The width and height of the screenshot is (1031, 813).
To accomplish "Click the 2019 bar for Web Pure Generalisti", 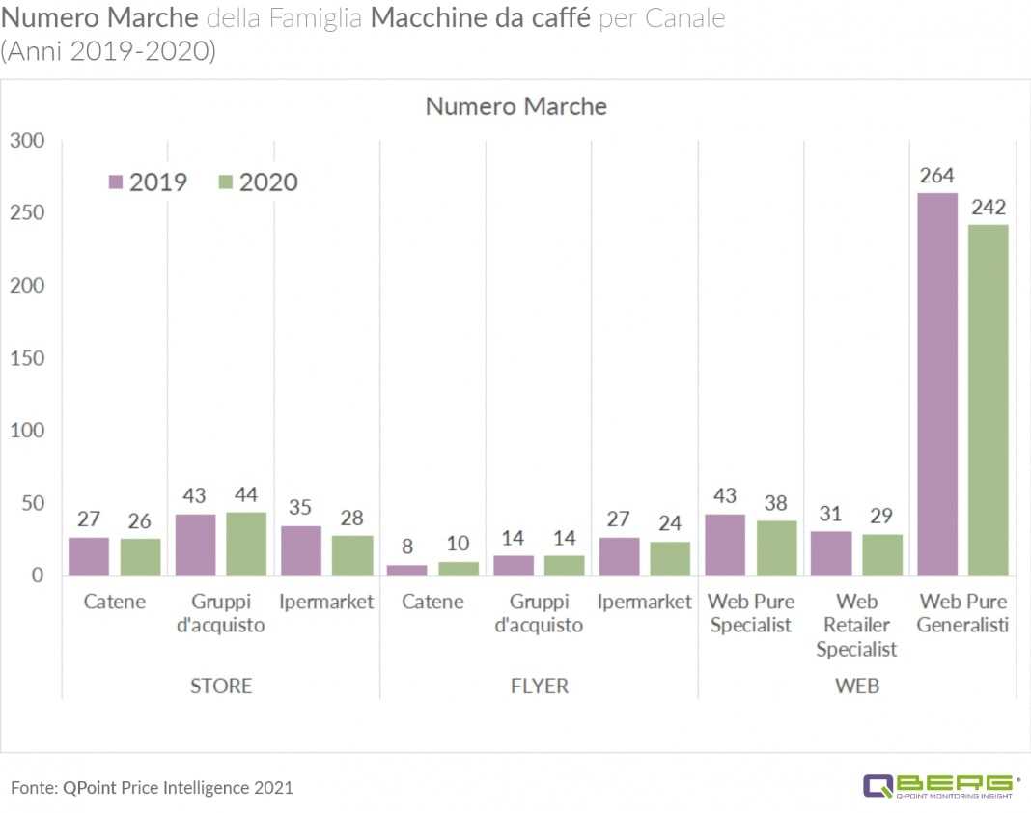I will pyautogui.click(x=936, y=384).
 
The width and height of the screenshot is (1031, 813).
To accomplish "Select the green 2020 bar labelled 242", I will pyautogui.click(x=988, y=400).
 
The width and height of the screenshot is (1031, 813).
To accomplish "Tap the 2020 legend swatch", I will pyautogui.click(x=226, y=182).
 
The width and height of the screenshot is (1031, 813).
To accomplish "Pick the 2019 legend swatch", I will pyautogui.click(x=116, y=182).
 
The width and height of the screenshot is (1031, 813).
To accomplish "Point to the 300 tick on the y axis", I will pyautogui.click(x=27, y=141).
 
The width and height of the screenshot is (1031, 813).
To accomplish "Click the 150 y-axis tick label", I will pyautogui.click(x=27, y=358).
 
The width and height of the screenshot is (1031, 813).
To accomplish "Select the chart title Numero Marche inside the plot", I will pyautogui.click(x=515, y=106).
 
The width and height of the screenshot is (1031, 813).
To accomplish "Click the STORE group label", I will pyautogui.click(x=220, y=686).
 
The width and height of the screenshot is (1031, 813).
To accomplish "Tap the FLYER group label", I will pyautogui.click(x=539, y=686).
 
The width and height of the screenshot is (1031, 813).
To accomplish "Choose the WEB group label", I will pyautogui.click(x=856, y=686).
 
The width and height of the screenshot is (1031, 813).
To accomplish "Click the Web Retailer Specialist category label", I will pyautogui.click(x=856, y=625).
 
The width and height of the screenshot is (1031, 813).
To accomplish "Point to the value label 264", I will pyautogui.click(x=936, y=175).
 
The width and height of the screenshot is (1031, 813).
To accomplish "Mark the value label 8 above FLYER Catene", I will pyautogui.click(x=407, y=547).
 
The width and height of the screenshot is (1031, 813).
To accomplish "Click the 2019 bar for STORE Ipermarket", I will pyautogui.click(x=300, y=550).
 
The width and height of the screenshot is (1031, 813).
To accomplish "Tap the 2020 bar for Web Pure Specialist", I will pyautogui.click(x=777, y=548).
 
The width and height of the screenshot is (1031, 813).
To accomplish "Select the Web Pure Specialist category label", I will pyautogui.click(x=751, y=613).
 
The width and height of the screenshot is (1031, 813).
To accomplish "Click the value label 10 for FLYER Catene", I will pyautogui.click(x=459, y=544).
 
